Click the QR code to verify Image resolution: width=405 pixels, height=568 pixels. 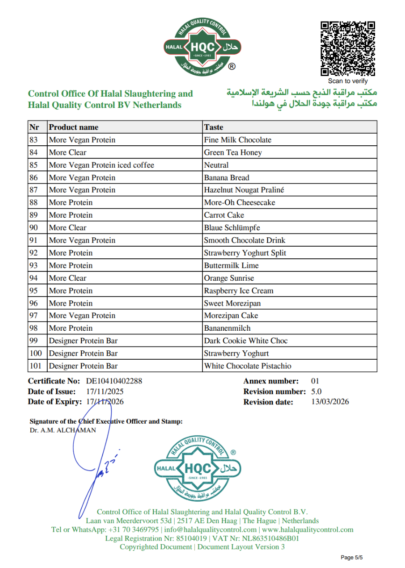348,49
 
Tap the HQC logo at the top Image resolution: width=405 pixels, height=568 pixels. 202,47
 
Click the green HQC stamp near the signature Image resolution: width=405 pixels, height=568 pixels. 198,469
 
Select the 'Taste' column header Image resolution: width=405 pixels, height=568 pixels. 213,127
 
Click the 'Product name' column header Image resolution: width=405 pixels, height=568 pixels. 74,127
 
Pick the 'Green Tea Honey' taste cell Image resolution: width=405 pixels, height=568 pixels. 233,152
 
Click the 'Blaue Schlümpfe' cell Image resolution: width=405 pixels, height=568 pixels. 232,227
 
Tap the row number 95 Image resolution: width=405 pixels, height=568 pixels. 34,291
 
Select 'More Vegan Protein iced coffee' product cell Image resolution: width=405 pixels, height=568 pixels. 101,165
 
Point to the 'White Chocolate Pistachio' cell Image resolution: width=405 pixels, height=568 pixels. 248,366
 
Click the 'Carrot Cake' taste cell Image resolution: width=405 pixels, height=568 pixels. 224,215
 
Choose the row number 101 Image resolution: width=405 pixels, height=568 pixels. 36,366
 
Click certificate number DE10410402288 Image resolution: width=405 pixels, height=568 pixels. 114,381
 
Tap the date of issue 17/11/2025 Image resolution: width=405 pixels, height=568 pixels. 105,391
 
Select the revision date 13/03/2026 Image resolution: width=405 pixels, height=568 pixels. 330,402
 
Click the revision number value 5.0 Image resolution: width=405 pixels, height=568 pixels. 316,391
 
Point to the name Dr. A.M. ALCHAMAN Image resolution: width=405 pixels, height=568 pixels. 63,430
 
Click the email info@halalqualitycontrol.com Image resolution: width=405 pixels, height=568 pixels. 210,529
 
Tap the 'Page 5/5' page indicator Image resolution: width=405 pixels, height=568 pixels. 351,557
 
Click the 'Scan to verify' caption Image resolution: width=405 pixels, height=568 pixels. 348,81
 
